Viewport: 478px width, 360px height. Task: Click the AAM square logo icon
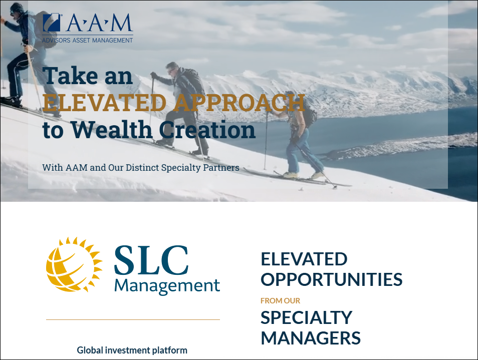[52, 23]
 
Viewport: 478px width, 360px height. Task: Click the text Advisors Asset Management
[88, 40]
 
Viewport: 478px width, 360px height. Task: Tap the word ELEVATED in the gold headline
[104, 102]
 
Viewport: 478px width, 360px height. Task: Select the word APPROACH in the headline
[240, 102]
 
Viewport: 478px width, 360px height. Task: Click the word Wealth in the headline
[112, 130]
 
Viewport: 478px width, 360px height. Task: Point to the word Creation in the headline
[207, 130]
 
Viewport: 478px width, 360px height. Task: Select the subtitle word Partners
[221, 168]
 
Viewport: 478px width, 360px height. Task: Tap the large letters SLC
[151, 260]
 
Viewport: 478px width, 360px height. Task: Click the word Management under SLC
[167, 286]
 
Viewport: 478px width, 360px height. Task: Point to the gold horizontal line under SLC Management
[133, 319]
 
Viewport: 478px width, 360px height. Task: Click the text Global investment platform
[132, 350]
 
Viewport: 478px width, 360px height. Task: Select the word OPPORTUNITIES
[332, 279]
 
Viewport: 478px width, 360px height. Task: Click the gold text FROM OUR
[281, 300]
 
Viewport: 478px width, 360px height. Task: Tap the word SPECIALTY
[307, 317]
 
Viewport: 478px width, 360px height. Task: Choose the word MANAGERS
[311, 338]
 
